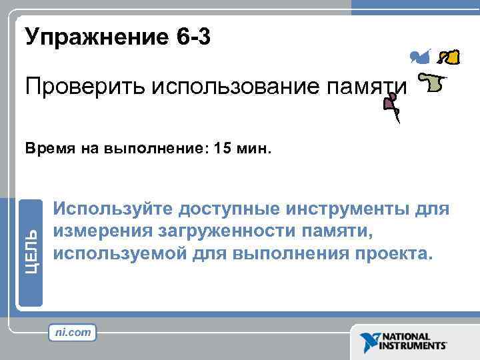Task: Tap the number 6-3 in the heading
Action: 194,37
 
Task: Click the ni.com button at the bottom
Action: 73,331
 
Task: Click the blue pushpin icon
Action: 420,57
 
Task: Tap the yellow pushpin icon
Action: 451,57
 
